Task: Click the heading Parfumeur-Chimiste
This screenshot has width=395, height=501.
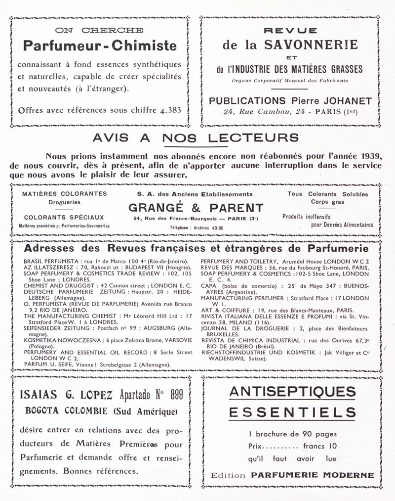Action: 100,46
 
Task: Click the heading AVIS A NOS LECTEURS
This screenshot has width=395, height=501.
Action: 196,137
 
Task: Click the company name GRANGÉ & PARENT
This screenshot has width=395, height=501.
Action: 196,208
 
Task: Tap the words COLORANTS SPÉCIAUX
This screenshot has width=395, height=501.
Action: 64,217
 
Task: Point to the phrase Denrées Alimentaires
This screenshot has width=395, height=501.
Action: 342,225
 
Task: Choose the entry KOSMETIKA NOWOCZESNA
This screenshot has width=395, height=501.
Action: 59,341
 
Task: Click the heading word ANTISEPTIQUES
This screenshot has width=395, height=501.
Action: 292,392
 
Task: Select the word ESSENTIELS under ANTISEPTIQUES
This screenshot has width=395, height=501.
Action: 292,412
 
